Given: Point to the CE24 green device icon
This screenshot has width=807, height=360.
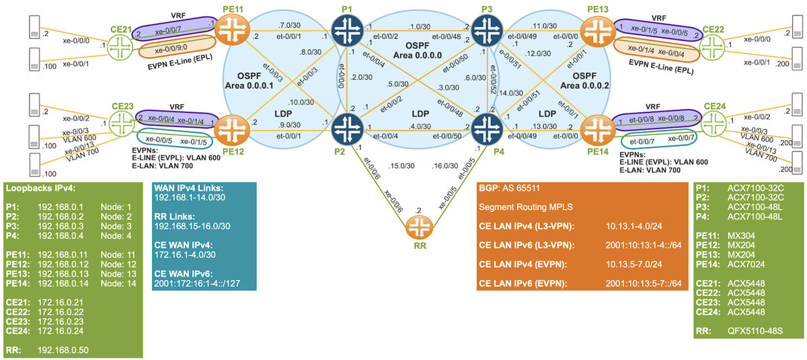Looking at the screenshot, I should (716, 124).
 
